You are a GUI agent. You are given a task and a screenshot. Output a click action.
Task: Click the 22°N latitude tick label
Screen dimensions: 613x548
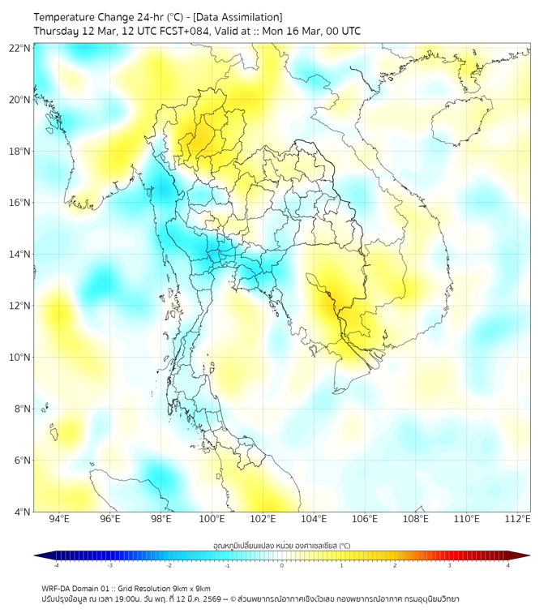point(20,48)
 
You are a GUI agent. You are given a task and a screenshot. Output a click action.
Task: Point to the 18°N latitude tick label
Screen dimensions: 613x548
point(20,152)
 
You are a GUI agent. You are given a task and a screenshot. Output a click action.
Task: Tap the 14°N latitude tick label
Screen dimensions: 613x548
point(20,254)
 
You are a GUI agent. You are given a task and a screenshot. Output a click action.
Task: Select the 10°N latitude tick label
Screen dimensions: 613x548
point(20,357)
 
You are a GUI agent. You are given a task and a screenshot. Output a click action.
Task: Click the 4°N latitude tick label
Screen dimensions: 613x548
point(22,512)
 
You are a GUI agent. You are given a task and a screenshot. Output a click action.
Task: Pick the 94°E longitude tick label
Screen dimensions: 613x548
point(59,519)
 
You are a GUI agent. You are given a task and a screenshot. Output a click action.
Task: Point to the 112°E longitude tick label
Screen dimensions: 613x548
point(518,519)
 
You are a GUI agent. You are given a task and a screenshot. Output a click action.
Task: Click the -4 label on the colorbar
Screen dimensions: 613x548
point(56,565)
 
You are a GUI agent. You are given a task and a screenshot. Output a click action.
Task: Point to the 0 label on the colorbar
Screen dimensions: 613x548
point(282,565)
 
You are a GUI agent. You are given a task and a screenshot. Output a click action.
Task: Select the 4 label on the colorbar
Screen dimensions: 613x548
point(508,565)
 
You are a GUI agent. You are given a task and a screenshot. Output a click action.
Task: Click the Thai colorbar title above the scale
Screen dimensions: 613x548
point(281,546)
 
